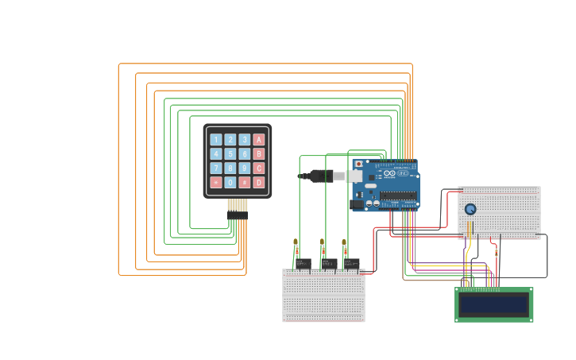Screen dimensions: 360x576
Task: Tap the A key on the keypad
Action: (x=258, y=140)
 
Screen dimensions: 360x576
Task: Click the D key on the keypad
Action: (x=258, y=183)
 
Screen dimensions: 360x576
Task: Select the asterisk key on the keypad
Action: (x=215, y=183)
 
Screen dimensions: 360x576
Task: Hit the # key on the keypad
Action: (x=244, y=183)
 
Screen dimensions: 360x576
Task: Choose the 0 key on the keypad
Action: (x=230, y=183)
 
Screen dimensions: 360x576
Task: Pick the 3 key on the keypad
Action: (x=244, y=140)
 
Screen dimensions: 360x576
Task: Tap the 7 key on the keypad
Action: (x=215, y=168)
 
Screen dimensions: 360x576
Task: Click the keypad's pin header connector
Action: (x=237, y=215)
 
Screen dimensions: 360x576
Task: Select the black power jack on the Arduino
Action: (x=358, y=204)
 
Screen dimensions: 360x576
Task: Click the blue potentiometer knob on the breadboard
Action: (x=470, y=209)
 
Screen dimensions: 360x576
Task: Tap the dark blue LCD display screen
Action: (x=493, y=304)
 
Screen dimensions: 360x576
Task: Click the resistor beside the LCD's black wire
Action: (x=497, y=253)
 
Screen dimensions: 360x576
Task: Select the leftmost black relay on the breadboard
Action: (x=303, y=263)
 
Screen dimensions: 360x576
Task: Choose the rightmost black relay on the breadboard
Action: (x=351, y=263)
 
